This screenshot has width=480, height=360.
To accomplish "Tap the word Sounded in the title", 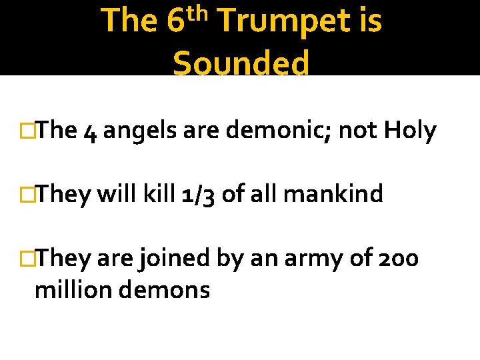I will [241, 64].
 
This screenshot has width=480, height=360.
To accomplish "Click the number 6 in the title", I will [175, 21].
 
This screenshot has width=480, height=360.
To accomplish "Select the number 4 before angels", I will [91, 132].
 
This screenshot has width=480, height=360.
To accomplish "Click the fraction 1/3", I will [198, 195].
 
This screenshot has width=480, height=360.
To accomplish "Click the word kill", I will [159, 195].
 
